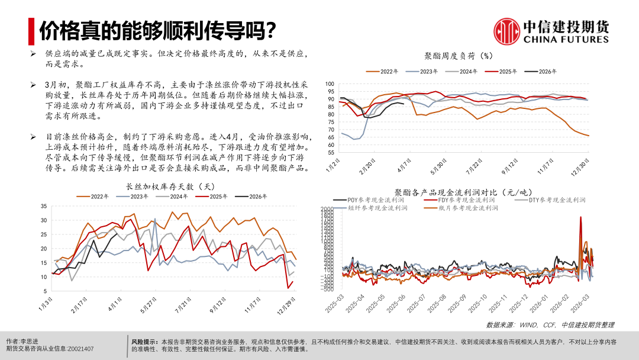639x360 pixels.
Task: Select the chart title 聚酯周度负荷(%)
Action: (459, 56)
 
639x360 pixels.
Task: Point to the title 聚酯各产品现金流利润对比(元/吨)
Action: (463, 192)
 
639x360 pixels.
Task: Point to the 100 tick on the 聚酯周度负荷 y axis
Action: (330, 84)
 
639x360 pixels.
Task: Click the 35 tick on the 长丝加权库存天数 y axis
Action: (43, 206)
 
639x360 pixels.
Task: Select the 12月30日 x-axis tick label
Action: (583, 163)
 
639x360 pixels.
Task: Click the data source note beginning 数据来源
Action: (550, 325)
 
